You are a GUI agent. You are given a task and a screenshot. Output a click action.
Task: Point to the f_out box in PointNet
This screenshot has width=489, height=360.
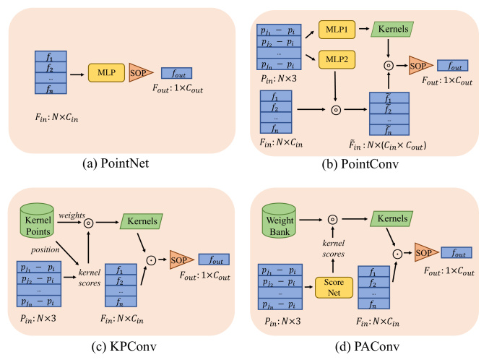[176, 73]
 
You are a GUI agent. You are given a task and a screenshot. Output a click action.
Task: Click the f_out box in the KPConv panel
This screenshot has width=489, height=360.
[215, 258]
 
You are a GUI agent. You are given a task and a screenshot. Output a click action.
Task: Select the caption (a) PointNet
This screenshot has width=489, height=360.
[120, 163]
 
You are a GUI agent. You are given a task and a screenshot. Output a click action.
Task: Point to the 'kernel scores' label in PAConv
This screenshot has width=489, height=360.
[332, 248]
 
